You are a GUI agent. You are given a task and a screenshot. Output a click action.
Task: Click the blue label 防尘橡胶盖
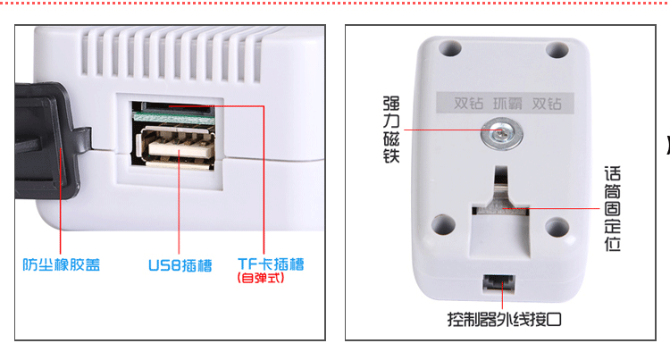coord(61,264)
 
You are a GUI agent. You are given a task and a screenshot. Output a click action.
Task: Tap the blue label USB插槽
coord(180,265)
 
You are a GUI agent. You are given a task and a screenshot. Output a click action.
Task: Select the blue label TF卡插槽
coord(271,264)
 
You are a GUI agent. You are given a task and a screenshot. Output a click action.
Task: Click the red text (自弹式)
coord(261,278)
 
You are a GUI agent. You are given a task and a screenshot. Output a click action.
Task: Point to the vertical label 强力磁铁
coord(391,130)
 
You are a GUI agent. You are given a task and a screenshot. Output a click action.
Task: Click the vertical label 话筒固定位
coord(612,209)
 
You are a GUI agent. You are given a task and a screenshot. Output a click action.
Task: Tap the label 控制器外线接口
coord(504,319)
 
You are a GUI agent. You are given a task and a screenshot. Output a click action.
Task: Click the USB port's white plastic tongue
coord(180,147)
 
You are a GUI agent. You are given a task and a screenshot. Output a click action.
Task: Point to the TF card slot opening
coord(177,105)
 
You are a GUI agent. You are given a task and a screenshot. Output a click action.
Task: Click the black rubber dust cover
coord(47,141)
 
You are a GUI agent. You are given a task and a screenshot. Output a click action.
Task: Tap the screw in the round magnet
coord(502,134)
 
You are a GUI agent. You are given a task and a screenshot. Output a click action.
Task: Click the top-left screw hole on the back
coord(450,48)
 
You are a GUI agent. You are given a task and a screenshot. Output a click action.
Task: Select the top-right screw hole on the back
coord(557,49)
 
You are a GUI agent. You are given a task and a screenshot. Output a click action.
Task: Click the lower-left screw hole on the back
coord(443,224)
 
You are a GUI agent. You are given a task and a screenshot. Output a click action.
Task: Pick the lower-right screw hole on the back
coord(557,227)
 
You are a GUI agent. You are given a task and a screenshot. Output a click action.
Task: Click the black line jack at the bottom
coord(498,283)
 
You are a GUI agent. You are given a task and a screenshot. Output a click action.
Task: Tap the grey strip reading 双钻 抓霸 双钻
coord(505,103)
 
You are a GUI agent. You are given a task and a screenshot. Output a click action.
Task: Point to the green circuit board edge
coord(173,116)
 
